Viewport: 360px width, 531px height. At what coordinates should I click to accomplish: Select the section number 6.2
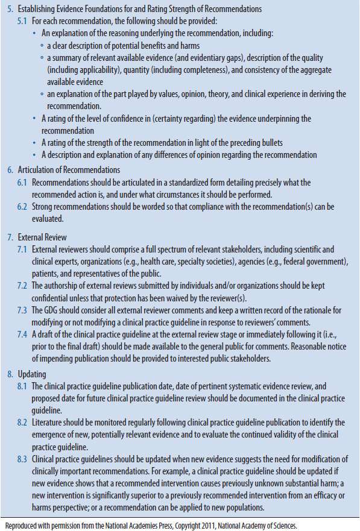[22, 206]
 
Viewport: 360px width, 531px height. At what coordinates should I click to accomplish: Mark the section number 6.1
[22, 181]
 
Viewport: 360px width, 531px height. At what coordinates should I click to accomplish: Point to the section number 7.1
[22, 249]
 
